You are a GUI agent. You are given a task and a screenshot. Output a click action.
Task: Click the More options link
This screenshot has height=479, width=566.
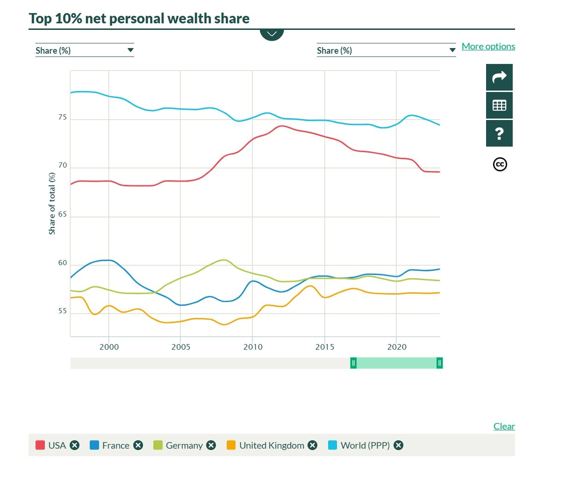click(x=488, y=47)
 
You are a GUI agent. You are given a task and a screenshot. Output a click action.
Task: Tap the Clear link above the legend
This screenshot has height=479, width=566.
click(x=504, y=426)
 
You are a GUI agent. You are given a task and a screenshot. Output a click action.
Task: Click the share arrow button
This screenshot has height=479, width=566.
click(x=499, y=77)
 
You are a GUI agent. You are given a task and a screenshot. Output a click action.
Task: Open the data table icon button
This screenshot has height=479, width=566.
click(x=499, y=106)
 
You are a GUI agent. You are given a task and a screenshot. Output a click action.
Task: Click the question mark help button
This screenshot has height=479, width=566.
click(x=499, y=134)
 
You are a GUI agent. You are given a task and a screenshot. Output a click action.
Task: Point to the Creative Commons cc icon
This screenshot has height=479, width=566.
click(x=500, y=164)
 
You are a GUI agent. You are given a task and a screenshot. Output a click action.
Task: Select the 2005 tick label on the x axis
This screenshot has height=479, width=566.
click(x=181, y=347)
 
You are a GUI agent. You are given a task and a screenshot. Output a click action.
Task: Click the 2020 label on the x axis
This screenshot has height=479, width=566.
click(x=397, y=347)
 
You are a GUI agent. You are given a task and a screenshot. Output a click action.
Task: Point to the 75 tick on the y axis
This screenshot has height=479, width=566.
click(x=63, y=117)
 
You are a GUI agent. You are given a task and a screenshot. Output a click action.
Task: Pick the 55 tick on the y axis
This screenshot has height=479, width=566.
click(x=63, y=311)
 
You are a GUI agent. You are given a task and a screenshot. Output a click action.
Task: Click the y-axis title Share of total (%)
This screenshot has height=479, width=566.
click(x=52, y=204)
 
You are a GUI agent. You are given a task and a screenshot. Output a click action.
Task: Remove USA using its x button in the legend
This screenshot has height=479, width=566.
click(x=74, y=445)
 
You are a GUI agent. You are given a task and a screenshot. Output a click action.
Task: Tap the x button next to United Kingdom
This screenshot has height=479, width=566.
click(x=312, y=445)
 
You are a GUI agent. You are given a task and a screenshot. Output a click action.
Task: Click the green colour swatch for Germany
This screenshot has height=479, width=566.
click(x=158, y=445)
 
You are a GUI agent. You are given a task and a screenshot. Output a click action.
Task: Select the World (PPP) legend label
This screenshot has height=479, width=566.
click(x=365, y=445)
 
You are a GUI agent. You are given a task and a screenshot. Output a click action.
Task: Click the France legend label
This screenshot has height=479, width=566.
click(x=116, y=445)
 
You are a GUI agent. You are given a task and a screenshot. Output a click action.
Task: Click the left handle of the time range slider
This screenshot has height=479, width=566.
click(x=353, y=363)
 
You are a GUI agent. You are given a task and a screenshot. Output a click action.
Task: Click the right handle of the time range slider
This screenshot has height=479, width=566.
click(x=439, y=363)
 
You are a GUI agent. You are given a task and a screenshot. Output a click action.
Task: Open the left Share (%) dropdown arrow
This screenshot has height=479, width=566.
click(x=130, y=50)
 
